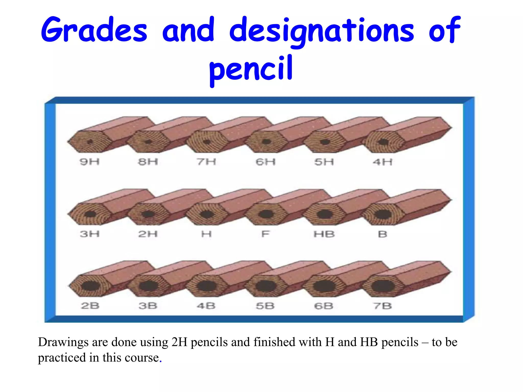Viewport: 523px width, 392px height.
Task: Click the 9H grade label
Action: (x=89, y=162)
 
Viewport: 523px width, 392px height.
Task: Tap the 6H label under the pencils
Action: (x=266, y=162)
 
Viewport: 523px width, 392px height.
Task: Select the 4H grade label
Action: (x=382, y=162)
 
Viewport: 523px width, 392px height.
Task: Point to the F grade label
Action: (x=265, y=234)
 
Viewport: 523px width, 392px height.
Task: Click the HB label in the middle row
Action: (x=324, y=234)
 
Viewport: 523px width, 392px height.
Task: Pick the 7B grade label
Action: (x=382, y=306)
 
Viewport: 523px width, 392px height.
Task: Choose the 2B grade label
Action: (x=90, y=306)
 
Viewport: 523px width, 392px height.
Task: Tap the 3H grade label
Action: (x=89, y=234)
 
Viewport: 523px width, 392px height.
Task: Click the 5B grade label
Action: (x=265, y=306)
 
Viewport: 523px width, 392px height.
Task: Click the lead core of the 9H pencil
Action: (x=90, y=142)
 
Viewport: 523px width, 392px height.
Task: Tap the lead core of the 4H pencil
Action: (x=383, y=142)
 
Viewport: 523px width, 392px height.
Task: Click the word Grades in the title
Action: (x=94, y=30)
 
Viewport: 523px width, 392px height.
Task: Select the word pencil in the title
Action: (x=251, y=68)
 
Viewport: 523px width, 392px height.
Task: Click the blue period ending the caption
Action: (x=161, y=361)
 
